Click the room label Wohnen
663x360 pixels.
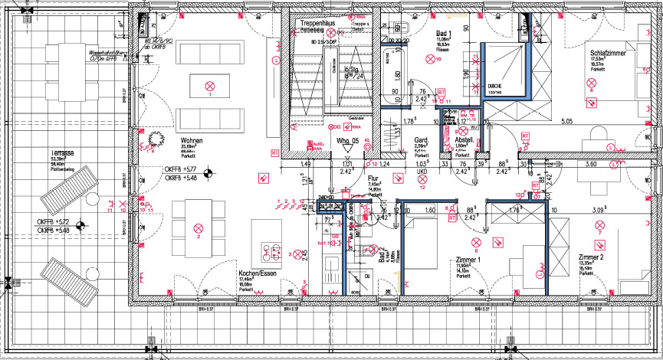[x=192, y=142]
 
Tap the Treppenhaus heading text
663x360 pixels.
[x=320, y=25]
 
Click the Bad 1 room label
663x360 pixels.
[x=444, y=34]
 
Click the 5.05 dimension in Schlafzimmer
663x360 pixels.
[x=568, y=121]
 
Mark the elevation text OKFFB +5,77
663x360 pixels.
[x=181, y=169]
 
